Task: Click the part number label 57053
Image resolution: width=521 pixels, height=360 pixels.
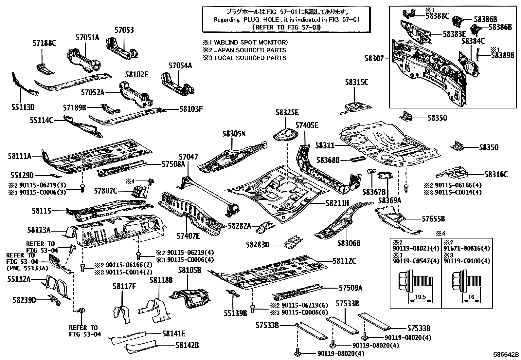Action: click(124, 30)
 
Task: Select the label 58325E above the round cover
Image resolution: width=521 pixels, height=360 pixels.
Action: click(287, 113)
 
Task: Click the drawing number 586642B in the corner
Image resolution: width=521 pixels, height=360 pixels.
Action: click(506, 354)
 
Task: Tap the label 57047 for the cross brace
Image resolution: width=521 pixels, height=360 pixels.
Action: click(188, 157)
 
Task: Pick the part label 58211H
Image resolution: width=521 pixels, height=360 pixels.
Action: click(337, 203)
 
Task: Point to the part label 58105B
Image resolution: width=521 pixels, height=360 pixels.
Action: click(189, 270)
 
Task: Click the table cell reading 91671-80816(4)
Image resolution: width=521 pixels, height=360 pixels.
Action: click(467, 249)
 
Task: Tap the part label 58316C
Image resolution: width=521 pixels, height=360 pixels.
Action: click(496, 175)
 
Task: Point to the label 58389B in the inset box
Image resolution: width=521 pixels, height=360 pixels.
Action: click(502, 55)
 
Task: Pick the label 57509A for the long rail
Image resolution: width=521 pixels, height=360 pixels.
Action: click(350, 288)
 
